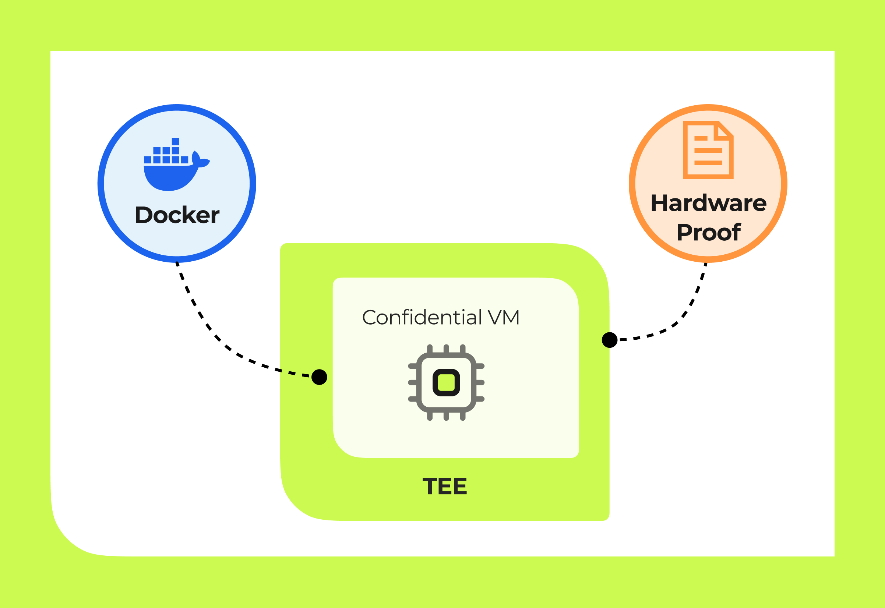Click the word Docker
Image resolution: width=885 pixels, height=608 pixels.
click(x=177, y=215)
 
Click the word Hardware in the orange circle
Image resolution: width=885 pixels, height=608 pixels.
click(x=709, y=203)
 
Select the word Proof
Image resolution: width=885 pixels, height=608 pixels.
click(x=709, y=232)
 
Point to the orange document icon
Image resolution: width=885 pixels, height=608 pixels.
click(x=708, y=150)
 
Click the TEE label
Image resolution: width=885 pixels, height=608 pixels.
click(x=445, y=487)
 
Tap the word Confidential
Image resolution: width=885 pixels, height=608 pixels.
click(x=422, y=317)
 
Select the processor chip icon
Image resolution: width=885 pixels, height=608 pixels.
click(x=446, y=382)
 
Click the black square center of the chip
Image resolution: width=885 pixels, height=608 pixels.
click(x=446, y=382)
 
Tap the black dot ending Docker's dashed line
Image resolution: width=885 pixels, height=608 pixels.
click(x=319, y=377)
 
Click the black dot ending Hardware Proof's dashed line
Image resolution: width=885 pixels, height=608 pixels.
click(x=610, y=340)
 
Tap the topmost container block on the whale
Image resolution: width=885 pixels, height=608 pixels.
click(x=175, y=141)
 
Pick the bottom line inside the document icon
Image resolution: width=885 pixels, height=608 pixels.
click(x=708, y=163)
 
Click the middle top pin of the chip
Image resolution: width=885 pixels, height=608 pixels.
click(x=446, y=349)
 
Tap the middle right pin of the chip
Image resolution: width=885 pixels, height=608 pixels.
click(x=480, y=382)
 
